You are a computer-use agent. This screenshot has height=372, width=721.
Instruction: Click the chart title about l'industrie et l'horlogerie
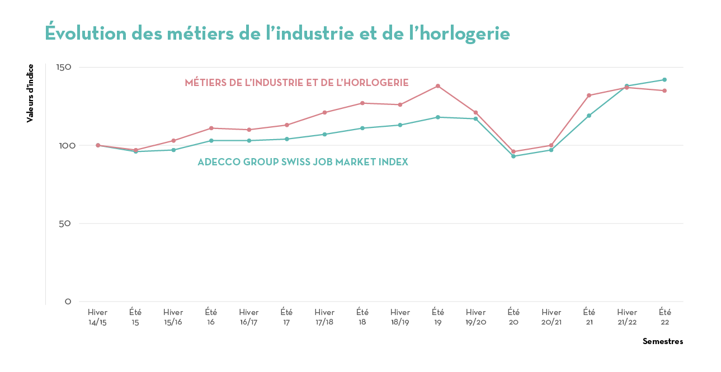(277, 33)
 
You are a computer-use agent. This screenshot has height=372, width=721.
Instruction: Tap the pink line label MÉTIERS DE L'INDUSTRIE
(296, 83)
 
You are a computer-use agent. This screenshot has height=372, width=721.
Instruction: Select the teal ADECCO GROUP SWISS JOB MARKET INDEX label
(303, 162)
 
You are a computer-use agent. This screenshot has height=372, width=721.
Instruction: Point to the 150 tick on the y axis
(64, 67)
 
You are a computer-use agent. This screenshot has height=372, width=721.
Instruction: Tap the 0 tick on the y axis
(68, 302)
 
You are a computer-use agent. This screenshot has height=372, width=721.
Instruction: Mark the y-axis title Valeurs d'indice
(30, 93)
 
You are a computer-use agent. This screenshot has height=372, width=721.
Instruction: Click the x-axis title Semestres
(662, 341)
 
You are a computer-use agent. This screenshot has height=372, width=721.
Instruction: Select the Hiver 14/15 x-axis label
(97, 317)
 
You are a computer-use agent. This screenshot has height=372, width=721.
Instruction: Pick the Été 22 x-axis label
(665, 317)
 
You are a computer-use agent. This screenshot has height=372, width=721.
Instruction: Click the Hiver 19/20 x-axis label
(475, 317)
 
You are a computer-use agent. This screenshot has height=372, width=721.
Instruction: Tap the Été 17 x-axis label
(286, 317)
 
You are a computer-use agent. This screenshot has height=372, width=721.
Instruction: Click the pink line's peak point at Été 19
(438, 86)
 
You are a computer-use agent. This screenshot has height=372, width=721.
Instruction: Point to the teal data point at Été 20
(513, 156)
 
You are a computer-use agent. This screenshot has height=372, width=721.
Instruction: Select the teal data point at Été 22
(665, 79)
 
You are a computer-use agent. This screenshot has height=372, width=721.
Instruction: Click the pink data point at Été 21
(589, 96)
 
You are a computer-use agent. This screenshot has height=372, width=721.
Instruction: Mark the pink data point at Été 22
(665, 90)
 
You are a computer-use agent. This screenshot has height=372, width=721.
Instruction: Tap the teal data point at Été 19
(438, 117)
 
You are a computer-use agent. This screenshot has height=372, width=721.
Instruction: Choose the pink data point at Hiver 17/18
(324, 112)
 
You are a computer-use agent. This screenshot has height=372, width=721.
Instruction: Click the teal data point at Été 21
(589, 116)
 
